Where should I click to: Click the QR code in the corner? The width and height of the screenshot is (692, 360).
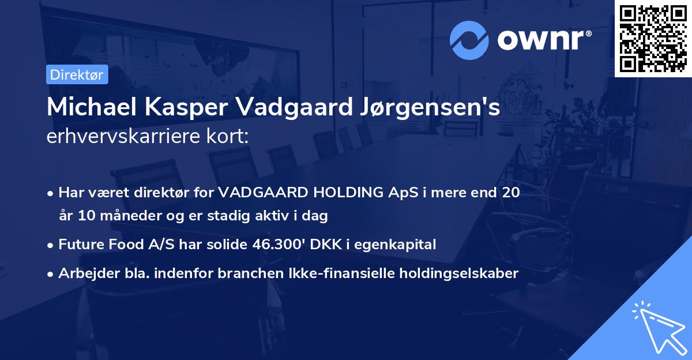[653, 38]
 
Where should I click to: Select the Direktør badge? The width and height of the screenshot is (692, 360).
[76, 74]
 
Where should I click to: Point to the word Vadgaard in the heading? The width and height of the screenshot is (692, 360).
[279, 108]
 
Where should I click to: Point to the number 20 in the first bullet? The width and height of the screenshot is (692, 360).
[510, 192]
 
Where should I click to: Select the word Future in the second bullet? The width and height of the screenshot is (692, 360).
[81, 245]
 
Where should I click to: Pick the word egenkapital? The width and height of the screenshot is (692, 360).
[396, 245]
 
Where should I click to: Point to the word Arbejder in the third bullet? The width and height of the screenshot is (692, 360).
[85, 273]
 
